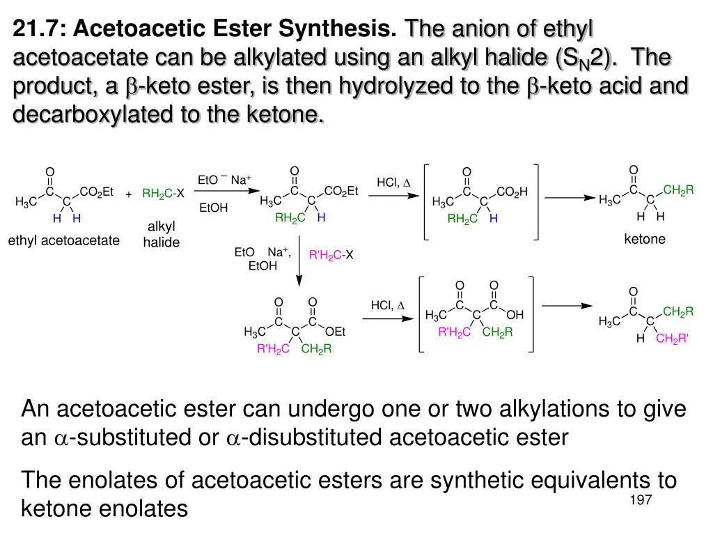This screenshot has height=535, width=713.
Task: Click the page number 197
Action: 640,501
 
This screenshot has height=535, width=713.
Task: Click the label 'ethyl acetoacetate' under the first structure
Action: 64,241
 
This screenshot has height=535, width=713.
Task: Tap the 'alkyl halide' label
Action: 162,235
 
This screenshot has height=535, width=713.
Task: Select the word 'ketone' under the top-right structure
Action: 645,240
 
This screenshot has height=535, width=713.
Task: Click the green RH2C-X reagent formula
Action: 163,194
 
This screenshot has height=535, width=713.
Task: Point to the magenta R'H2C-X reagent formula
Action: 331,256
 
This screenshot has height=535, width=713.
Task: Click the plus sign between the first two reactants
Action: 129,194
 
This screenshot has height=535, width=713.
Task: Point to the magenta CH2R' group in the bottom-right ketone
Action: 673,339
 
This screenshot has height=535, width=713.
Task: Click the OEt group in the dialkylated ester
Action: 336,332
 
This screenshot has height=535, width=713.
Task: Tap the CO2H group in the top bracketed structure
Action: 512,192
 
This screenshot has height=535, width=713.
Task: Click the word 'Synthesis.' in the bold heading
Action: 338,29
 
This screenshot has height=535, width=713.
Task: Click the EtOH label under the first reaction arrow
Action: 213,208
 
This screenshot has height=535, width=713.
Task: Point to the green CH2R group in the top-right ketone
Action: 679,189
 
